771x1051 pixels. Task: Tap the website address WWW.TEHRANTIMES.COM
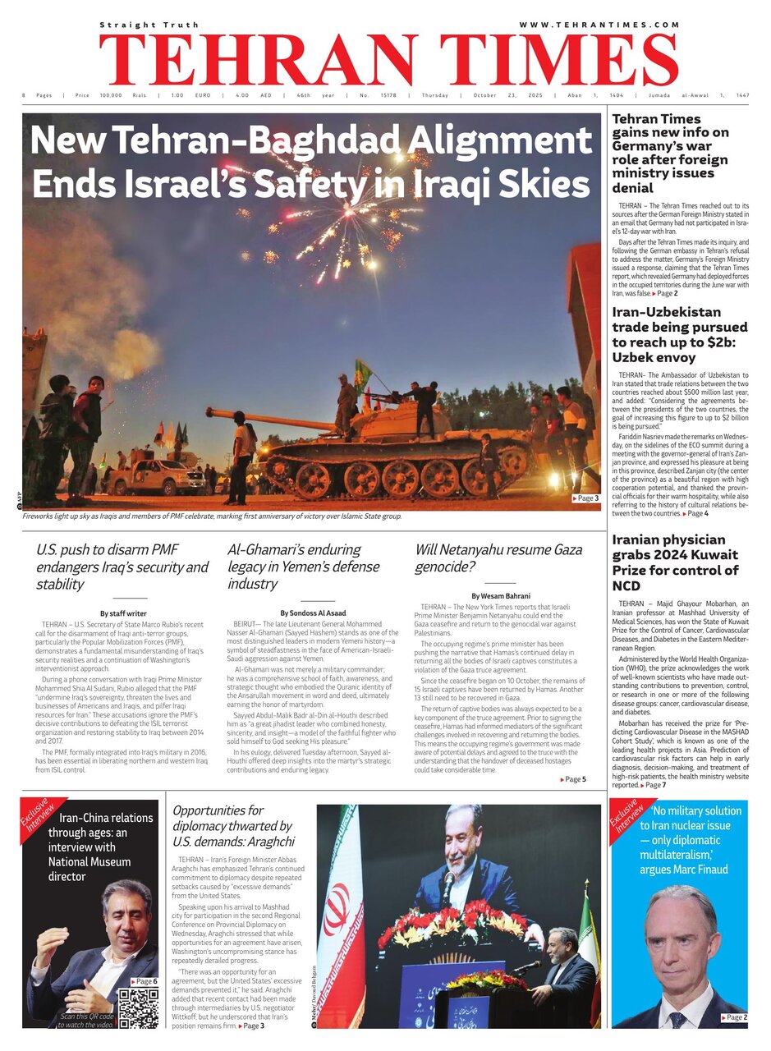pyautogui.click(x=599, y=25)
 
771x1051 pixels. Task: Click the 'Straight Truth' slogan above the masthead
pyautogui.click(x=137, y=25)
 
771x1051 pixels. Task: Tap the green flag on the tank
pyautogui.click(x=362, y=374)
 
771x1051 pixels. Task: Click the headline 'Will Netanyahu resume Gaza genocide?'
pyautogui.click(x=498, y=558)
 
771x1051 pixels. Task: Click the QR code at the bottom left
pyautogui.click(x=137, y=1008)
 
